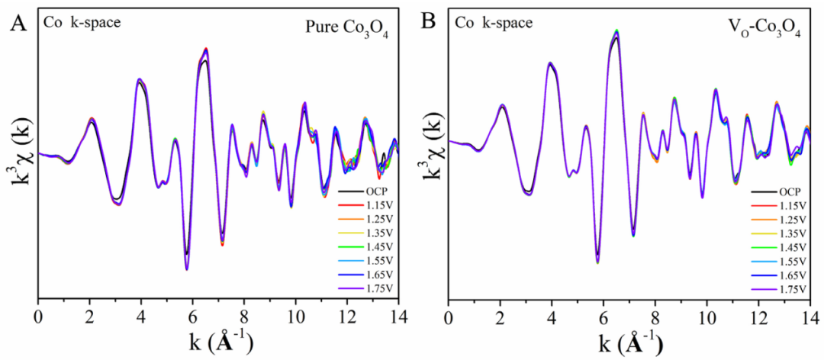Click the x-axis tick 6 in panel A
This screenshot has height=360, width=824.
[x=192, y=313]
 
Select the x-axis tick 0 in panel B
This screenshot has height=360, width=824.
[x=449, y=313]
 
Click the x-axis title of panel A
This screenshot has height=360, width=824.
[x=217, y=340]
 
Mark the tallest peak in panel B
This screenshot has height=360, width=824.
[x=616, y=31]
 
